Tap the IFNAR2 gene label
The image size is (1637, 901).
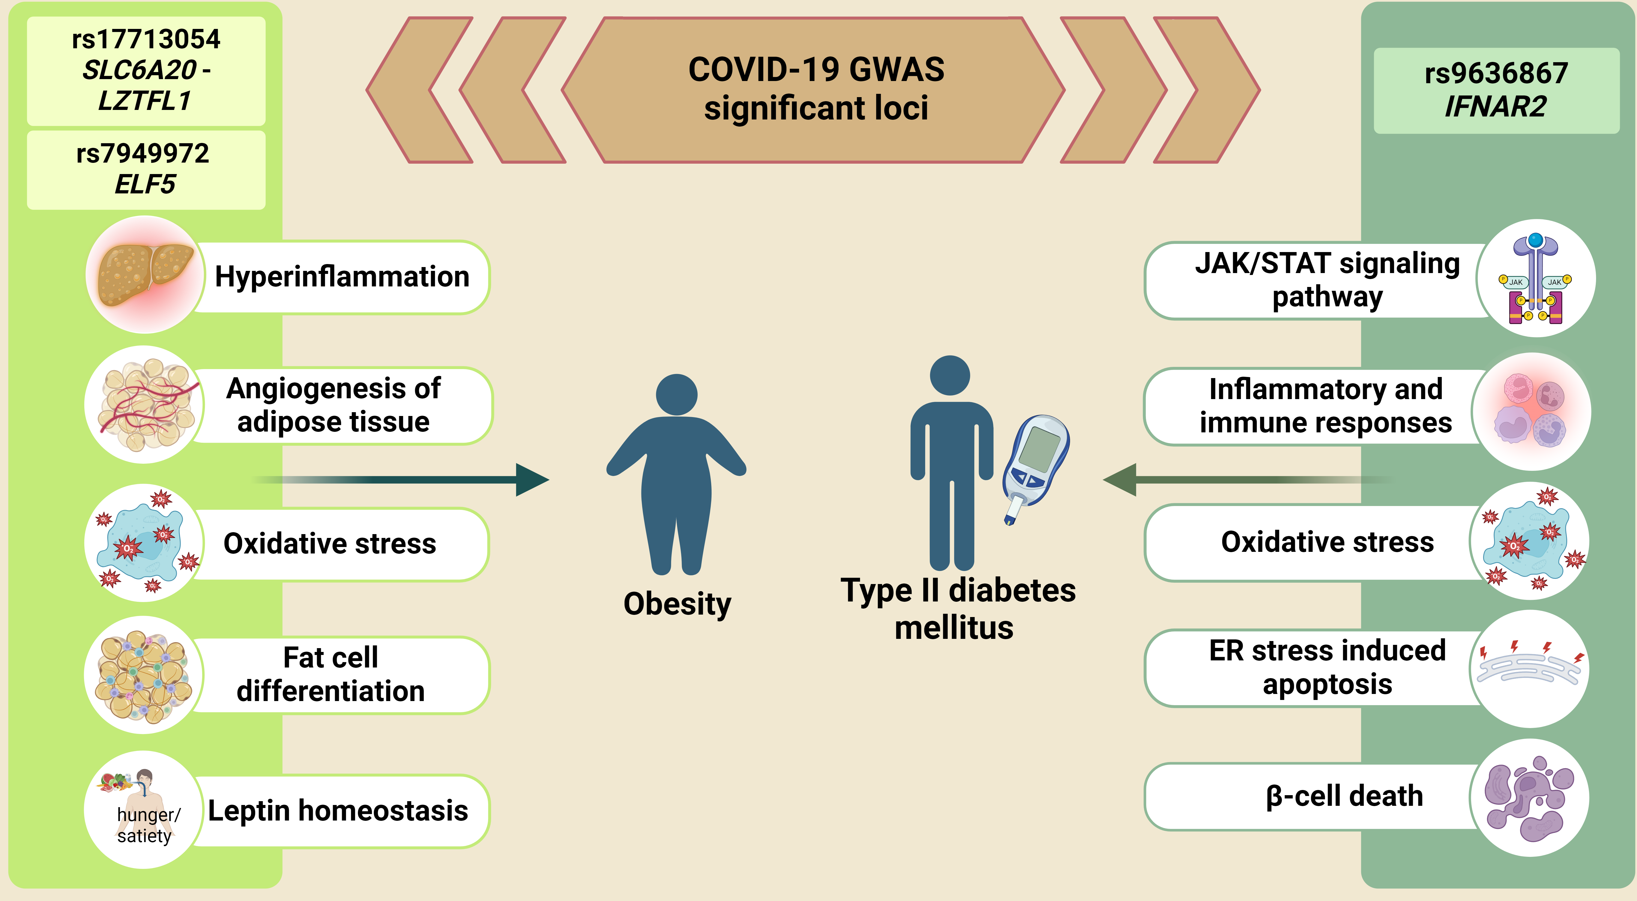(1496, 106)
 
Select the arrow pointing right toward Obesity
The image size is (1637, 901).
(400, 480)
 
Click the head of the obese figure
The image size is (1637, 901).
(677, 395)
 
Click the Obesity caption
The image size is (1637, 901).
(677, 604)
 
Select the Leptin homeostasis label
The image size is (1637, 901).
(338, 811)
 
